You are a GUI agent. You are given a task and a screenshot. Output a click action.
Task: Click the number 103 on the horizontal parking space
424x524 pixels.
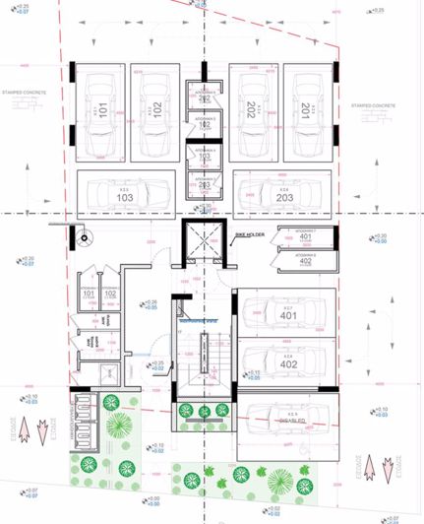click(x=125, y=198)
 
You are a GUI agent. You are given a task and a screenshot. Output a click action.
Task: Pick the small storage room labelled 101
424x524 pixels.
click(x=88, y=293)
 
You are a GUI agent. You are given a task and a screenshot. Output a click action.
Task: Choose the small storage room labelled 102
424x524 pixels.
click(x=108, y=293)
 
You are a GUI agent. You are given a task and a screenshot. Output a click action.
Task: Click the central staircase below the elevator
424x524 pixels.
click(x=204, y=355)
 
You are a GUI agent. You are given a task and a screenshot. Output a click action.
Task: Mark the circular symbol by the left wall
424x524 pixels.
click(x=85, y=235)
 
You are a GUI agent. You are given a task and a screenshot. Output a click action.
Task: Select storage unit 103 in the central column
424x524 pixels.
click(x=204, y=156)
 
